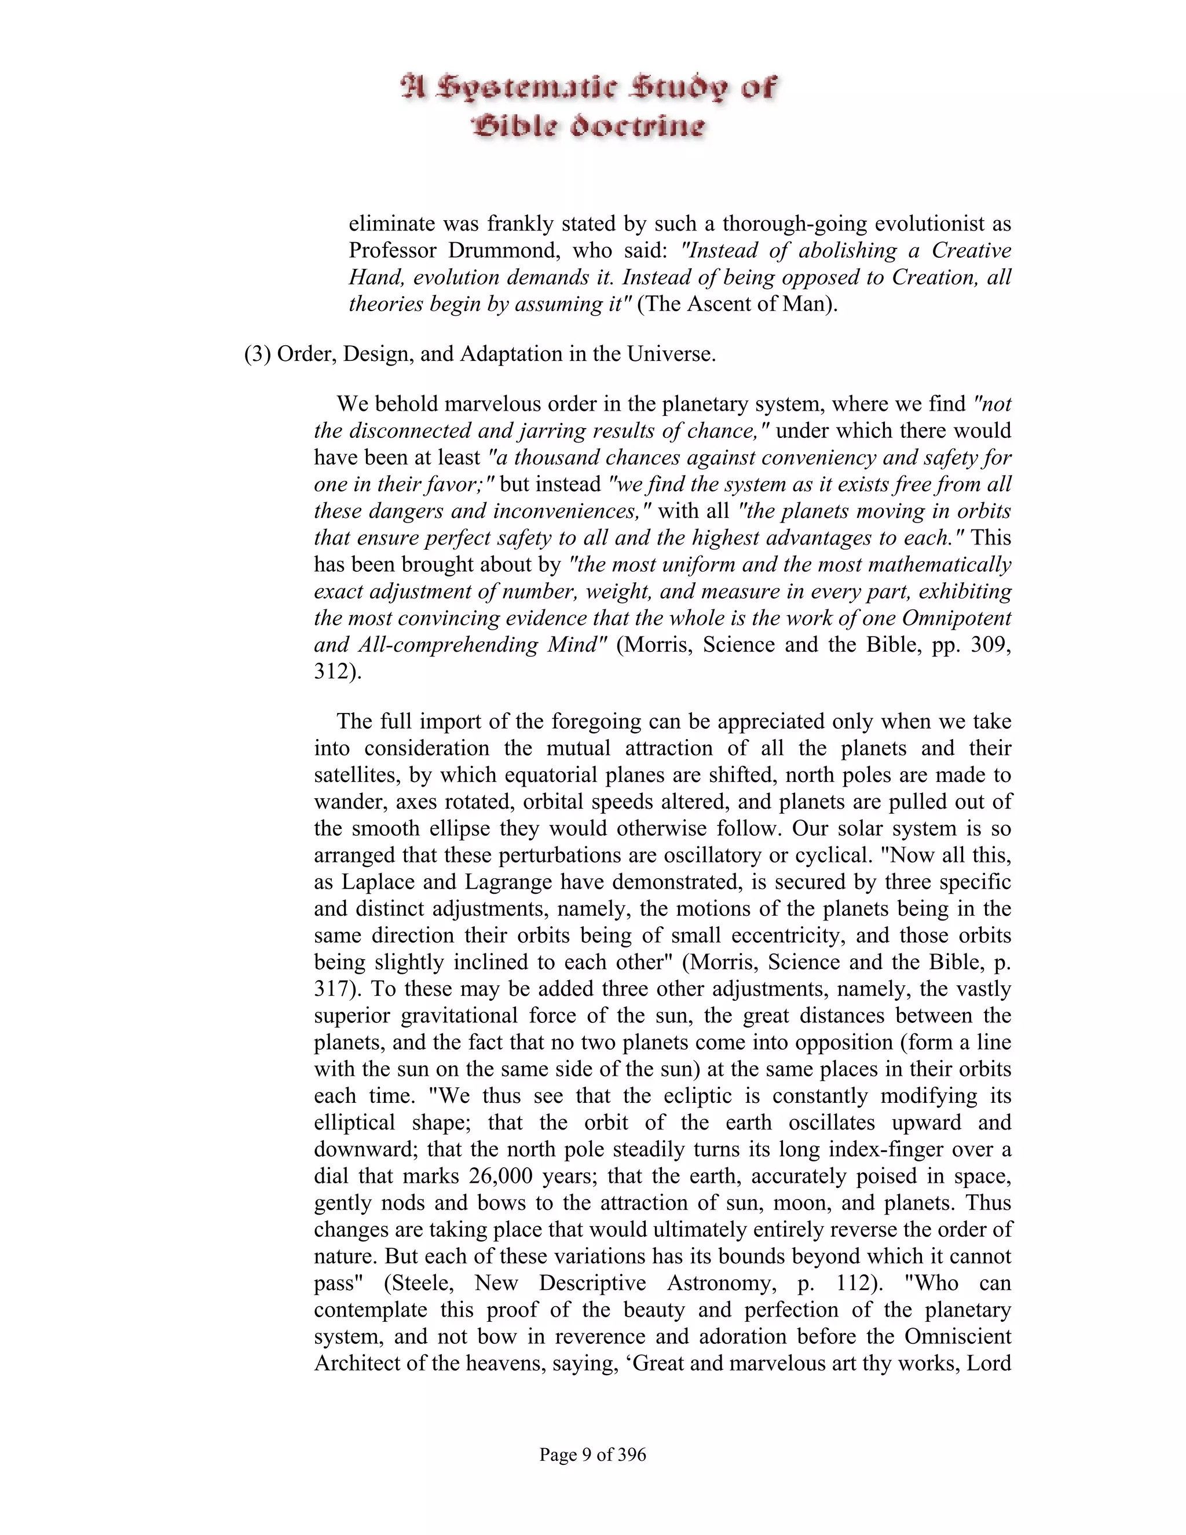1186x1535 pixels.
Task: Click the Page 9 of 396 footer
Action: pos(592,1454)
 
